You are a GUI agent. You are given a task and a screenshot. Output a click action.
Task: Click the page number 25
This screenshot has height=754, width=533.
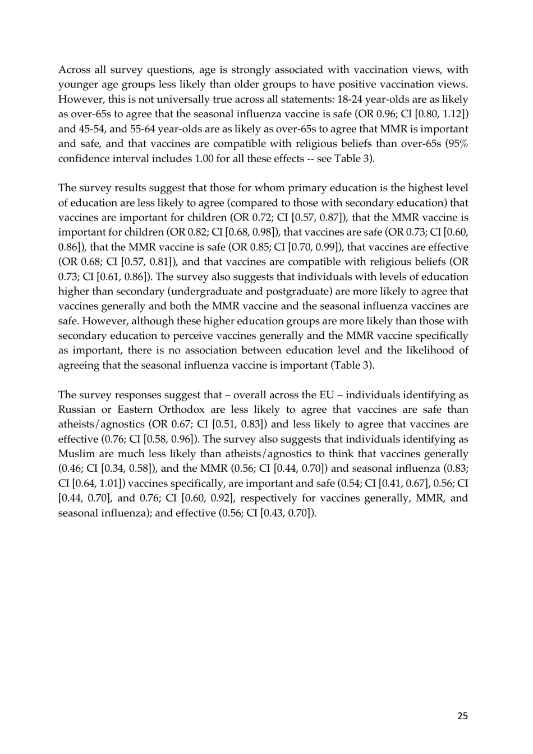462,715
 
